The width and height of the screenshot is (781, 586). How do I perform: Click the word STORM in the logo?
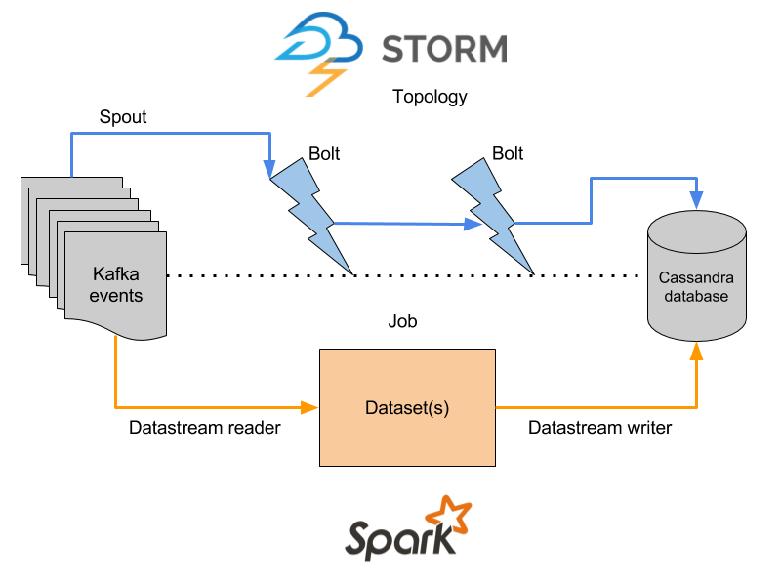point(443,48)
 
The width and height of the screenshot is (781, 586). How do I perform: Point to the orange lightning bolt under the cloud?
point(325,77)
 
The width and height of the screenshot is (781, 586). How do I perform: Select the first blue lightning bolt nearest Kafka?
point(310,215)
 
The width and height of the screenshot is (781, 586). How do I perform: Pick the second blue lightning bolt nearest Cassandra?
point(493,215)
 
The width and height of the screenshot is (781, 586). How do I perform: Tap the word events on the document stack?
point(116,295)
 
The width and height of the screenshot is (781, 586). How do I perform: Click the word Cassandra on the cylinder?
point(696,276)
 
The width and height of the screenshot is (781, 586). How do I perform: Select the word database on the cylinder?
point(696,296)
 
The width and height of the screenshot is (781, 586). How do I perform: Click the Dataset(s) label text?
point(407,407)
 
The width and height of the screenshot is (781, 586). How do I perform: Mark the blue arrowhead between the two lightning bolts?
point(473,225)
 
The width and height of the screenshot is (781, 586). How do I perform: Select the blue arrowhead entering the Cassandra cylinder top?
point(696,201)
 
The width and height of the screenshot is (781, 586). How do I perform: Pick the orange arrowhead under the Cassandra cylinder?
point(696,351)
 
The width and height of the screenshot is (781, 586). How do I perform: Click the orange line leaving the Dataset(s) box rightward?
point(596,407)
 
